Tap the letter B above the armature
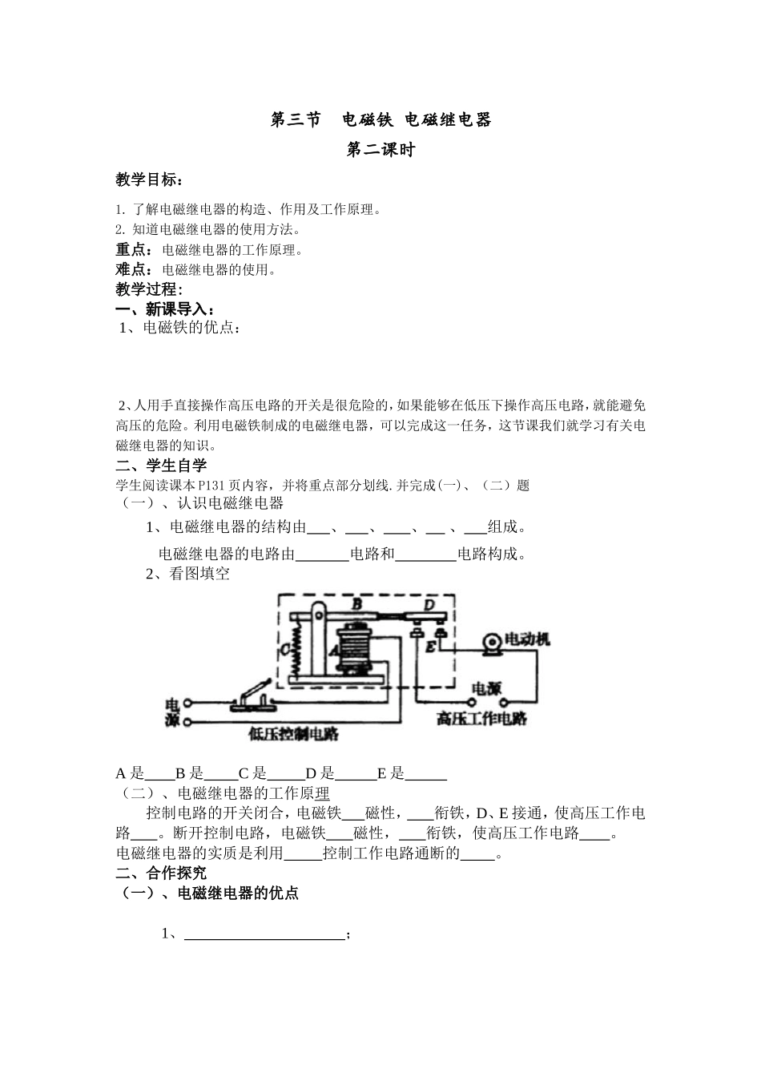pos(357,603)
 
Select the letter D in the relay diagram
pos(429,604)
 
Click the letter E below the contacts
pos(431,646)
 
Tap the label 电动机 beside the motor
pos(527,639)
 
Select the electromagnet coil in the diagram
pos(358,647)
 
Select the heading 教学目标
pos(148,179)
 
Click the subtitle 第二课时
pos(380,150)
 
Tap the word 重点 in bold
pos(134,250)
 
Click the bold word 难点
pos(134,269)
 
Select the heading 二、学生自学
pos(161,465)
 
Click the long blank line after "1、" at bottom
pos(264,934)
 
